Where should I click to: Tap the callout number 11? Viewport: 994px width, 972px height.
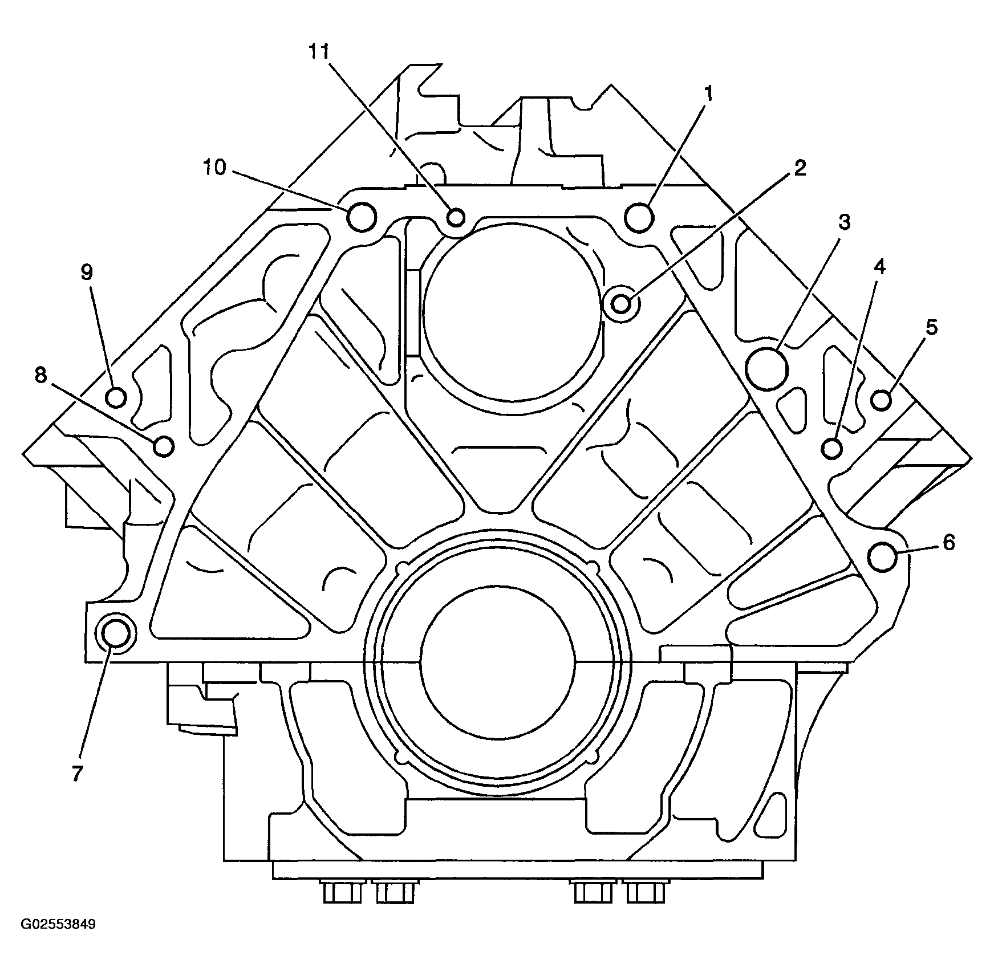point(319,52)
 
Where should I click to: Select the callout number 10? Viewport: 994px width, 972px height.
point(215,168)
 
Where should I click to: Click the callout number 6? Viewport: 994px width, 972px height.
point(948,543)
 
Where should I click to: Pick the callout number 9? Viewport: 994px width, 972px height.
point(86,273)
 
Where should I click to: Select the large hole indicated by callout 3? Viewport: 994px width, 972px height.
point(767,369)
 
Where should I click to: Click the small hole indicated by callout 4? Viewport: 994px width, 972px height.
point(833,449)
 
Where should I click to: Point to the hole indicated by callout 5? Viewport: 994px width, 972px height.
point(882,400)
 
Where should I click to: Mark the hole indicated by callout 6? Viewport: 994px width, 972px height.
point(883,558)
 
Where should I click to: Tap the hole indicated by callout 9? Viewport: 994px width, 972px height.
point(116,397)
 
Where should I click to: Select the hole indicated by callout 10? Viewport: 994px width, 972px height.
point(362,217)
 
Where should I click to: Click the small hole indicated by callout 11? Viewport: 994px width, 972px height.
point(456,217)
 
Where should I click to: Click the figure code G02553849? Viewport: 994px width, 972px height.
point(59,940)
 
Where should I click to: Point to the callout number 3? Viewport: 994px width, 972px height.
point(845,222)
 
